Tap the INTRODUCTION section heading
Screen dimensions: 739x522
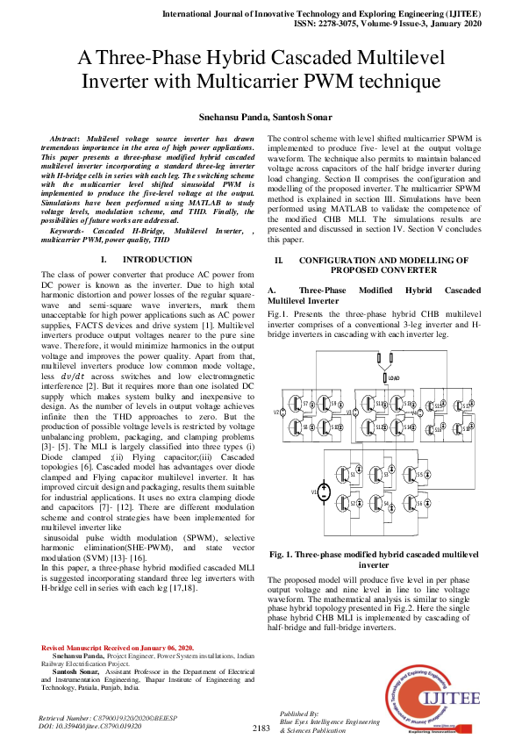point(157,260)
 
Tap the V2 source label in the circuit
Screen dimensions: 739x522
point(276,411)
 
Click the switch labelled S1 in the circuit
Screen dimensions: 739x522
point(353,474)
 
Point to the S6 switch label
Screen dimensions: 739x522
point(419,504)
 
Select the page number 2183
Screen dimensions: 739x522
point(261,728)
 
